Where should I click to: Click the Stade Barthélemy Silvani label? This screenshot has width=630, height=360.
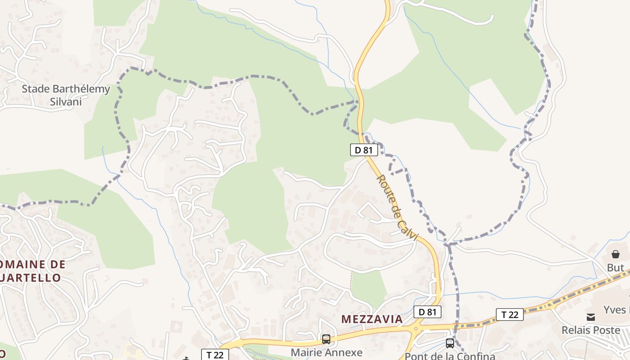click(x=66, y=95)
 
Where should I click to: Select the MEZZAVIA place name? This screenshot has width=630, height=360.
click(x=372, y=319)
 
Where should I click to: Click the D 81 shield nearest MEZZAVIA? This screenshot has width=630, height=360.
click(x=427, y=312)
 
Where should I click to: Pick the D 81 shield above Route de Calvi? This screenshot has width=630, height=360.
click(x=364, y=150)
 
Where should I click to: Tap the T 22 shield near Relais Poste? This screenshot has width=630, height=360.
click(x=510, y=314)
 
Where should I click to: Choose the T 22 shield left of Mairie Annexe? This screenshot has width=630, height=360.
click(x=215, y=355)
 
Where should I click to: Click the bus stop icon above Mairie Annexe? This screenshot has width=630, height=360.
click(x=326, y=339)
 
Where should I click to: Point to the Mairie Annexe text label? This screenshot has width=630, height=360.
click(x=326, y=352)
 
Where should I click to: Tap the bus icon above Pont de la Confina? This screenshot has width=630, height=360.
click(x=450, y=343)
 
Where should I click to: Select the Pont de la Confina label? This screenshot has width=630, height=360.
click(x=450, y=356)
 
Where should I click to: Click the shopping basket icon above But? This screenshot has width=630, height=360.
click(x=615, y=254)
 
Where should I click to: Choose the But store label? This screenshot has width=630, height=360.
click(x=615, y=268)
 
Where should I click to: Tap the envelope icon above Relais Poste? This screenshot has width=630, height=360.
click(x=591, y=317)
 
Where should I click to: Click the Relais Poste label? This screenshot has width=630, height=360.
click(x=591, y=330)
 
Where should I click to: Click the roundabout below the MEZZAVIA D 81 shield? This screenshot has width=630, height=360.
click(x=416, y=328)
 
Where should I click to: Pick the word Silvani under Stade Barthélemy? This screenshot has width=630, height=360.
click(x=66, y=101)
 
